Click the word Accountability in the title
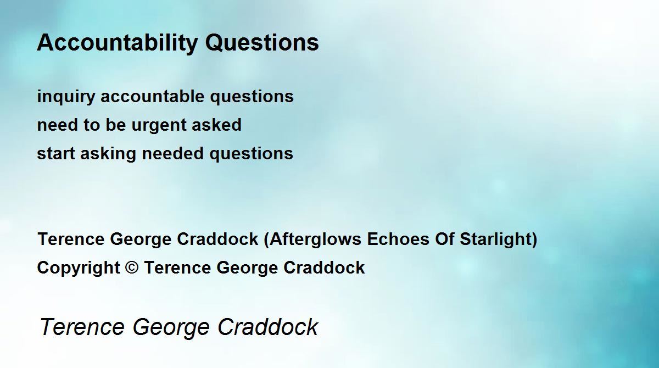(x=117, y=43)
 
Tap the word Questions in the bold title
(x=262, y=42)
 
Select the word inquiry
(x=66, y=97)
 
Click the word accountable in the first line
(x=153, y=96)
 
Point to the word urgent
(x=158, y=126)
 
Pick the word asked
(x=216, y=125)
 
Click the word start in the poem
(x=55, y=154)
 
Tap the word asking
(x=108, y=154)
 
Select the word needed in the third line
(x=172, y=153)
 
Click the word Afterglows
(x=315, y=239)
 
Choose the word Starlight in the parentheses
(x=496, y=239)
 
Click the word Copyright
(x=79, y=268)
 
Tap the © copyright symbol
(x=131, y=267)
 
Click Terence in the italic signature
(x=82, y=326)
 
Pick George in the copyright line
(x=247, y=268)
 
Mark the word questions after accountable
(x=252, y=97)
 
